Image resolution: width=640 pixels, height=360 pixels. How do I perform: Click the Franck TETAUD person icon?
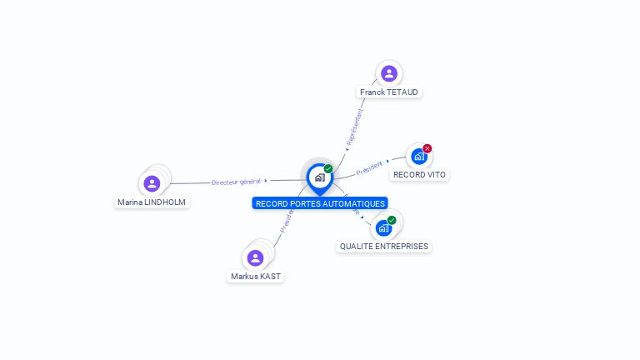[x=388, y=73]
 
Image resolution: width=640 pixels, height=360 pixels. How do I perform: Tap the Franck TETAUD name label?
[x=388, y=92]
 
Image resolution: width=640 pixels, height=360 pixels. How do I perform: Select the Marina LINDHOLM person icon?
[x=152, y=183]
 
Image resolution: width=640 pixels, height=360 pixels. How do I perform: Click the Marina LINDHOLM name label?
[x=152, y=202]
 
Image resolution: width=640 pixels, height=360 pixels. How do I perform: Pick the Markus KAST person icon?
[x=255, y=258]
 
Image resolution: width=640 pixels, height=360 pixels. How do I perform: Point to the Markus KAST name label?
[x=256, y=276]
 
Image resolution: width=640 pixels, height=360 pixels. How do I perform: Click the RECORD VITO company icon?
[x=419, y=156]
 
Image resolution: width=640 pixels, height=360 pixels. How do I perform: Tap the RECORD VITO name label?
[x=419, y=175]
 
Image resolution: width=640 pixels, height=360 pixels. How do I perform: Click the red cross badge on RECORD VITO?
[x=427, y=148]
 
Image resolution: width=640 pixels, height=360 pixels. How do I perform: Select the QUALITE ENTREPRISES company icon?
[x=383, y=227]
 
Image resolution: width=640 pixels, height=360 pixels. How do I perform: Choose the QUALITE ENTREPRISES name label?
[x=384, y=247]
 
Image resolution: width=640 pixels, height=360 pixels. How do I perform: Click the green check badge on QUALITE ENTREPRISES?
[x=392, y=220]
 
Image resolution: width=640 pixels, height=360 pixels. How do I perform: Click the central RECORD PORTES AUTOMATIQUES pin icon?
[x=319, y=177]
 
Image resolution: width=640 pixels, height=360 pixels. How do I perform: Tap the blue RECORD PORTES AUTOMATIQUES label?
[x=320, y=203]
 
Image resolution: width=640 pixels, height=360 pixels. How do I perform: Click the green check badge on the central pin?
[x=328, y=168]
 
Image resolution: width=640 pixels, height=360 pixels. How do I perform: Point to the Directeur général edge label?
[x=236, y=181]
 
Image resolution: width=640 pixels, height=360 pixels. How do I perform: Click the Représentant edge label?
[x=354, y=127]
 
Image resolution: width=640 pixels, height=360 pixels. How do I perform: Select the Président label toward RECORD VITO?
[x=369, y=167]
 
